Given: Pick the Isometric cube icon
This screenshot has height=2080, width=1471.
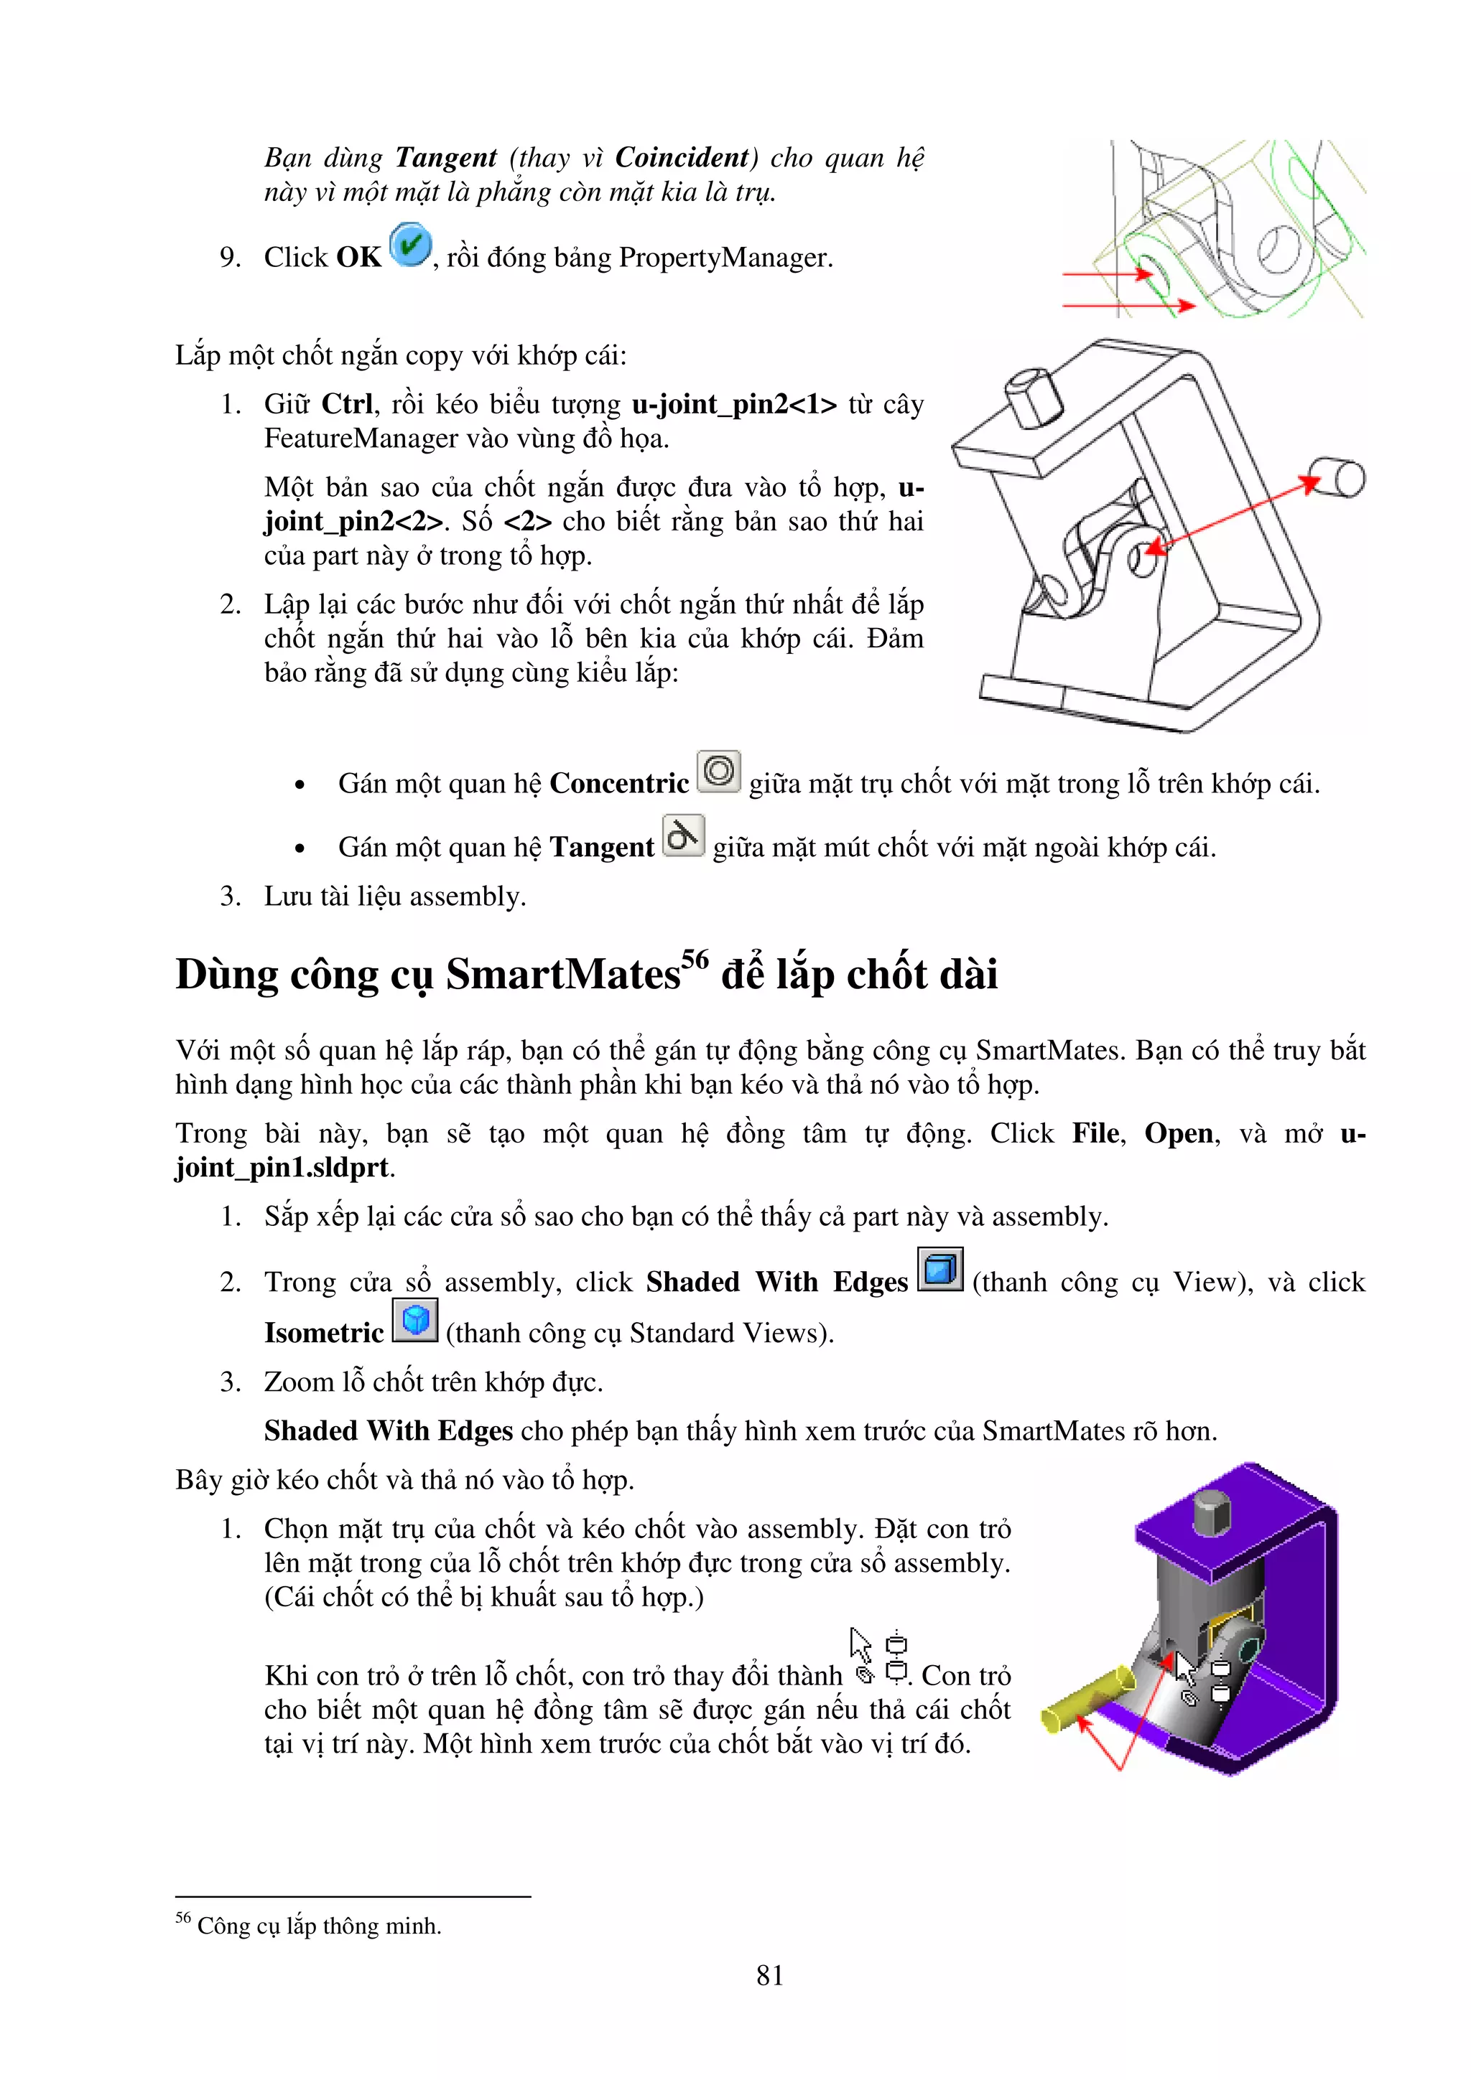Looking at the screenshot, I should click(x=415, y=1321).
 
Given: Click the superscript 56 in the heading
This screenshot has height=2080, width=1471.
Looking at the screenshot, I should click(x=695, y=958).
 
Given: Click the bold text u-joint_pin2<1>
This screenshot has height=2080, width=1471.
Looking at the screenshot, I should click(x=734, y=404).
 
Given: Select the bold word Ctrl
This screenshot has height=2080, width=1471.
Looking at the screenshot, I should click(x=347, y=404).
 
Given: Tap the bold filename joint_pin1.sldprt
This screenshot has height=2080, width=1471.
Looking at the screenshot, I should click(x=283, y=1168).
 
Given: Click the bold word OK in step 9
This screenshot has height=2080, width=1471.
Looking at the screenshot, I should click(x=359, y=258).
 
